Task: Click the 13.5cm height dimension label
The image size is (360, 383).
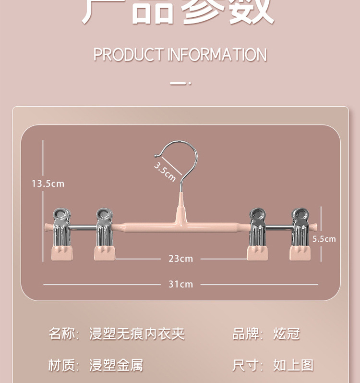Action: pyautogui.click(x=48, y=184)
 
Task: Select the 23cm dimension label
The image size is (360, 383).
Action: pyautogui.click(x=180, y=259)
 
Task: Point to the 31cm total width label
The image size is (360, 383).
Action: pyautogui.click(x=180, y=284)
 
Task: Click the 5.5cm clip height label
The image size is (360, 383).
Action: pyautogui.click(x=324, y=239)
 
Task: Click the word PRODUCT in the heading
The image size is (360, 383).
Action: pyautogui.click(x=128, y=55)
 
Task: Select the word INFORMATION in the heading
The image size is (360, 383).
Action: pyautogui.click(x=217, y=55)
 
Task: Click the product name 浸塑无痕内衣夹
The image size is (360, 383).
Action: pyautogui.click(x=137, y=334)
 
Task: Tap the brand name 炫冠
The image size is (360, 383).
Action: pyautogui.click(x=287, y=334)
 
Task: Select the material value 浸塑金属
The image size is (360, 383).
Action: pyautogui.click(x=116, y=365)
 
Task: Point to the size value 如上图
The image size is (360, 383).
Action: pyautogui.click(x=293, y=365)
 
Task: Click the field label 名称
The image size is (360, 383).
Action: pyautogui.click(x=62, y=334)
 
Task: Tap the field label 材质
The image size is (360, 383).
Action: pyautogui.click(x=62, y=365)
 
